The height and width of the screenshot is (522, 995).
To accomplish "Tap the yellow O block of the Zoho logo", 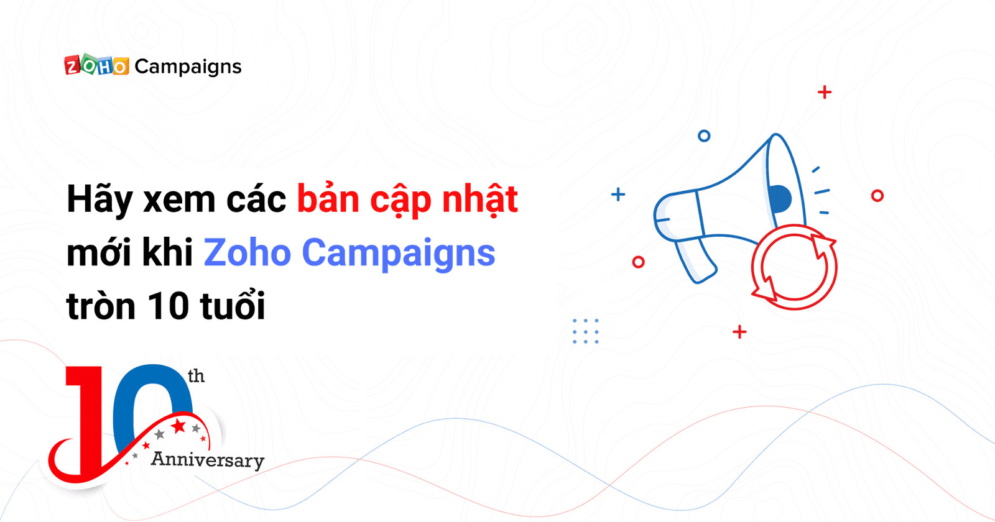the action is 120,66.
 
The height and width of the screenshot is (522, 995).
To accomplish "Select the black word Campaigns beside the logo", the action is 188,67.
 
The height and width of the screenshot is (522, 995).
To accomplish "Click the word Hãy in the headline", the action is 99,199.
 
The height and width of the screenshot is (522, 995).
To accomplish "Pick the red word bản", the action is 328,199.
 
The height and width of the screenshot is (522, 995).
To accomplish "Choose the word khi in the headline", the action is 167,252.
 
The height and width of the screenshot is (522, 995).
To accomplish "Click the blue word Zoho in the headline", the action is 247,252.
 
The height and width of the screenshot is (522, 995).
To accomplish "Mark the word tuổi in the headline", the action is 233,304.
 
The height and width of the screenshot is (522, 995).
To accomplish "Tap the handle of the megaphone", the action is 695,260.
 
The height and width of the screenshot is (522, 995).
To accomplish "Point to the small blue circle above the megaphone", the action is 704,136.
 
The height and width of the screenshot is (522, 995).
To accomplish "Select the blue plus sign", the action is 618,195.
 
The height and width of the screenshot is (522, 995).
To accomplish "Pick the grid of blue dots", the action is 585,331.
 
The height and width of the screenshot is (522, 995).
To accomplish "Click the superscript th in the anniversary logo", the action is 196,376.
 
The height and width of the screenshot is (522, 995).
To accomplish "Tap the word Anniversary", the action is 208,460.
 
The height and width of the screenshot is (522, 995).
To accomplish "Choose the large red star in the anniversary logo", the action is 178,426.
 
